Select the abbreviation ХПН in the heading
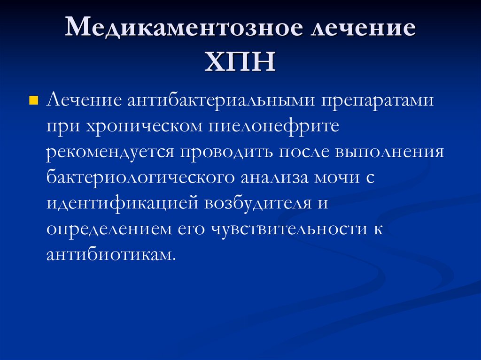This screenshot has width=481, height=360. point(240,62)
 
